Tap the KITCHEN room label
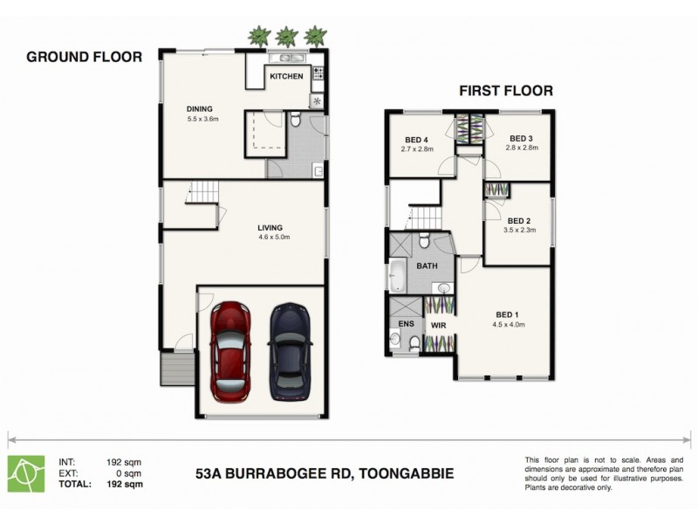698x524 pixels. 286,77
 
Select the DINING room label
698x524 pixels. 200,109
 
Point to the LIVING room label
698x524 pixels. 270,228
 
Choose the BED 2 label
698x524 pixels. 520,221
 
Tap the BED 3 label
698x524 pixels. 521,138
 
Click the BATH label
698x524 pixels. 427,265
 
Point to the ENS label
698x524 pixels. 406,323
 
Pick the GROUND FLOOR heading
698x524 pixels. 84,58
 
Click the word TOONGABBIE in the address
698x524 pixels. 408,474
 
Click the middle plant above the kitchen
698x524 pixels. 286,37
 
